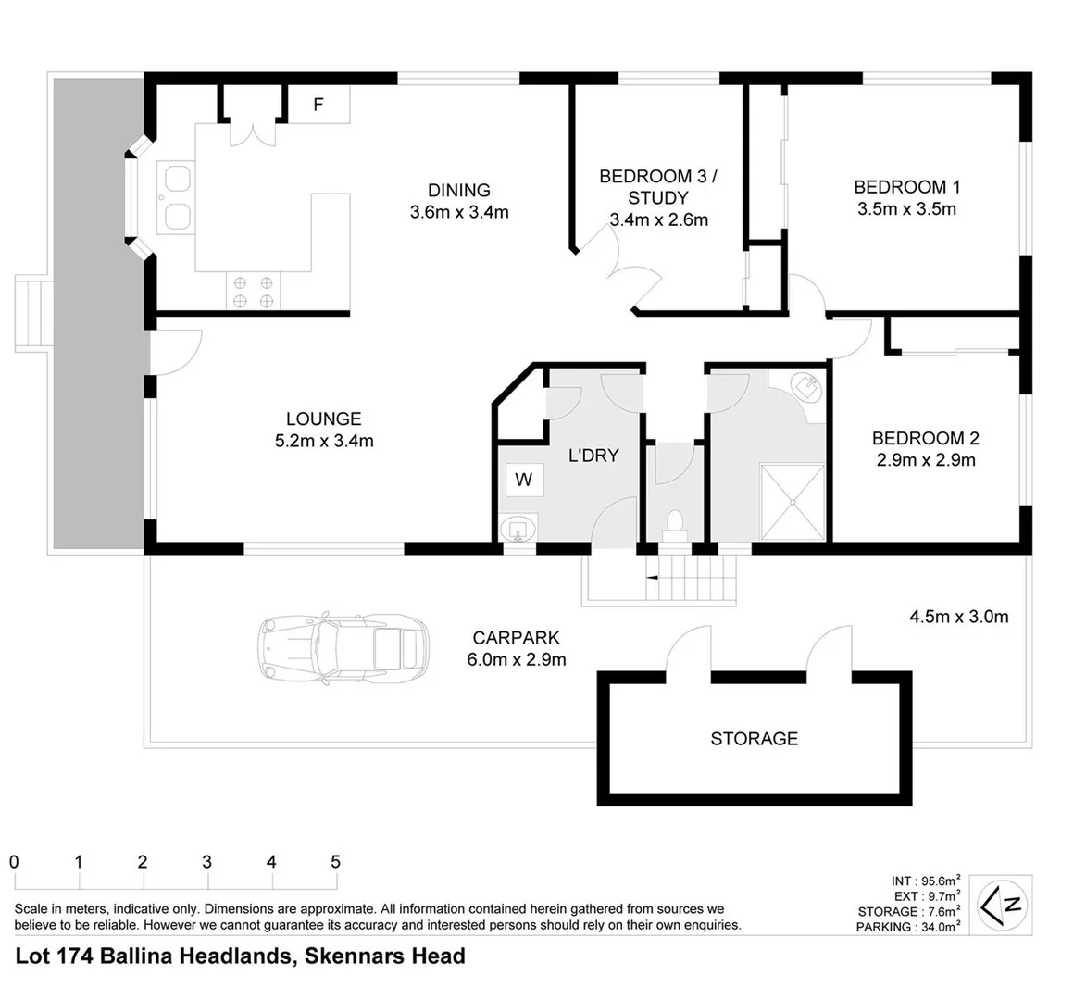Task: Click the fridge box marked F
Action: [318, 105]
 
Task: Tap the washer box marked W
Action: [524, 480]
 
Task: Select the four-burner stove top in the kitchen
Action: [253, 292]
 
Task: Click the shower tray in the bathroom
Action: [793, 502]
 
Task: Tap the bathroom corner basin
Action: [810, 386]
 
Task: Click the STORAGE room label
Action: [755, 739]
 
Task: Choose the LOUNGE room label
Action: [323, 419]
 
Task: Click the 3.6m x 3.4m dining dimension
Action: [459, 212]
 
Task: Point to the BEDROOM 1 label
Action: [906, 187]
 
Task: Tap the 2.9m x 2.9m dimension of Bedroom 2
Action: [926, 460]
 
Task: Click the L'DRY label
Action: [593, 456]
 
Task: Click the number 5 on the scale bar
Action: [336, 862]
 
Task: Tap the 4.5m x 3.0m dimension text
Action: [958, 617]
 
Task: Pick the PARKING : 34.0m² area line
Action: [908, 927]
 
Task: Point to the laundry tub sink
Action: [518, 529]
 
